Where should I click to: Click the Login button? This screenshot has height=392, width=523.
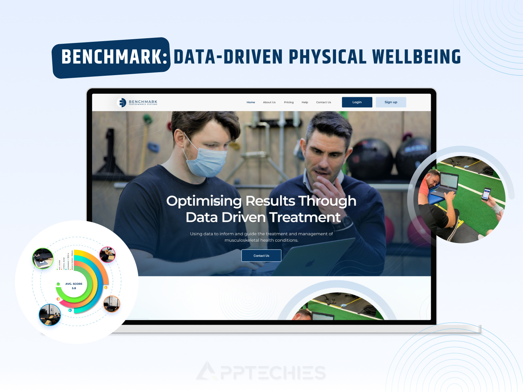(357, 102)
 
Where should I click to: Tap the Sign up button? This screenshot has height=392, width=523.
(391, 102)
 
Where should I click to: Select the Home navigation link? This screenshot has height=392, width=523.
(251, 102)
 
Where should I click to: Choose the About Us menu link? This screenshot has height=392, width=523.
(269, 102)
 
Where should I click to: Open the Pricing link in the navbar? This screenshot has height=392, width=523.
(289, 102)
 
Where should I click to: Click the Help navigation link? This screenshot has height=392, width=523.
(305, 102)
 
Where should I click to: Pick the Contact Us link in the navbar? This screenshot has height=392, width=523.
(323, 102)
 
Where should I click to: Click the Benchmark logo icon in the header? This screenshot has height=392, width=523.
(122, 103)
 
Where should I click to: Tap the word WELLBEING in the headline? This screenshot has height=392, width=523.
(416, 57)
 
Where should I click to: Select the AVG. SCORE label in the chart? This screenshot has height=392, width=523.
(74, 284)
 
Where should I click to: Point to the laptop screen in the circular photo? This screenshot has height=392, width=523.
(448, 181)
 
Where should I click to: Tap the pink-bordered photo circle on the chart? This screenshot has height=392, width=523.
(107, 255)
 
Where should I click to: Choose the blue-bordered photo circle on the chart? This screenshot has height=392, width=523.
(50, 315)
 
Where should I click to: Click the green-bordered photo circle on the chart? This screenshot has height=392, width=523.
(43, 258)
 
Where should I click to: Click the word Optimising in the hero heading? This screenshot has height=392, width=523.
(204, 201)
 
